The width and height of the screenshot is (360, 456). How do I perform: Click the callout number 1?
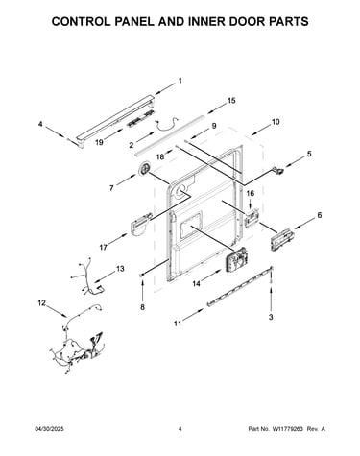180,81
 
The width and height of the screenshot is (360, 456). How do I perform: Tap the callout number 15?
231,101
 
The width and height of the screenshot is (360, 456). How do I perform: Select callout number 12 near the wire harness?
42,302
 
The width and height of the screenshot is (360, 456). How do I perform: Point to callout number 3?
271,317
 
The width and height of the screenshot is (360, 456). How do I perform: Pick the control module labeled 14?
237,259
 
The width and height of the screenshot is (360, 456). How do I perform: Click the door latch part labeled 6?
281,239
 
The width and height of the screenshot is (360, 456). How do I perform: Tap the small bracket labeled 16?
252,218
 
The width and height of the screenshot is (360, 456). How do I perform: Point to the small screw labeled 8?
142,275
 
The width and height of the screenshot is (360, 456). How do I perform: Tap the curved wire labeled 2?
166,125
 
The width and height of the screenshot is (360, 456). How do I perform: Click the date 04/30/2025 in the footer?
49,429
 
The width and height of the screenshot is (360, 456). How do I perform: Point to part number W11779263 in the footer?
287,429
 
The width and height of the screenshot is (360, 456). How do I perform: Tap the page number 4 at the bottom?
180,429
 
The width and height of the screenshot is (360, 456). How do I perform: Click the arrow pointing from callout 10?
259,130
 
